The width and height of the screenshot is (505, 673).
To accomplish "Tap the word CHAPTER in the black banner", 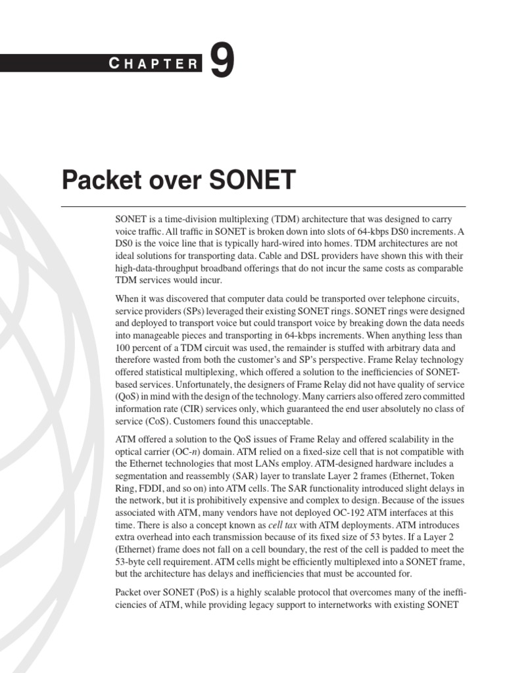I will click(x=154, y=64).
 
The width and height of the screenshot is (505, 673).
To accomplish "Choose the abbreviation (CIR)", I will click(x=194, y=409).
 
